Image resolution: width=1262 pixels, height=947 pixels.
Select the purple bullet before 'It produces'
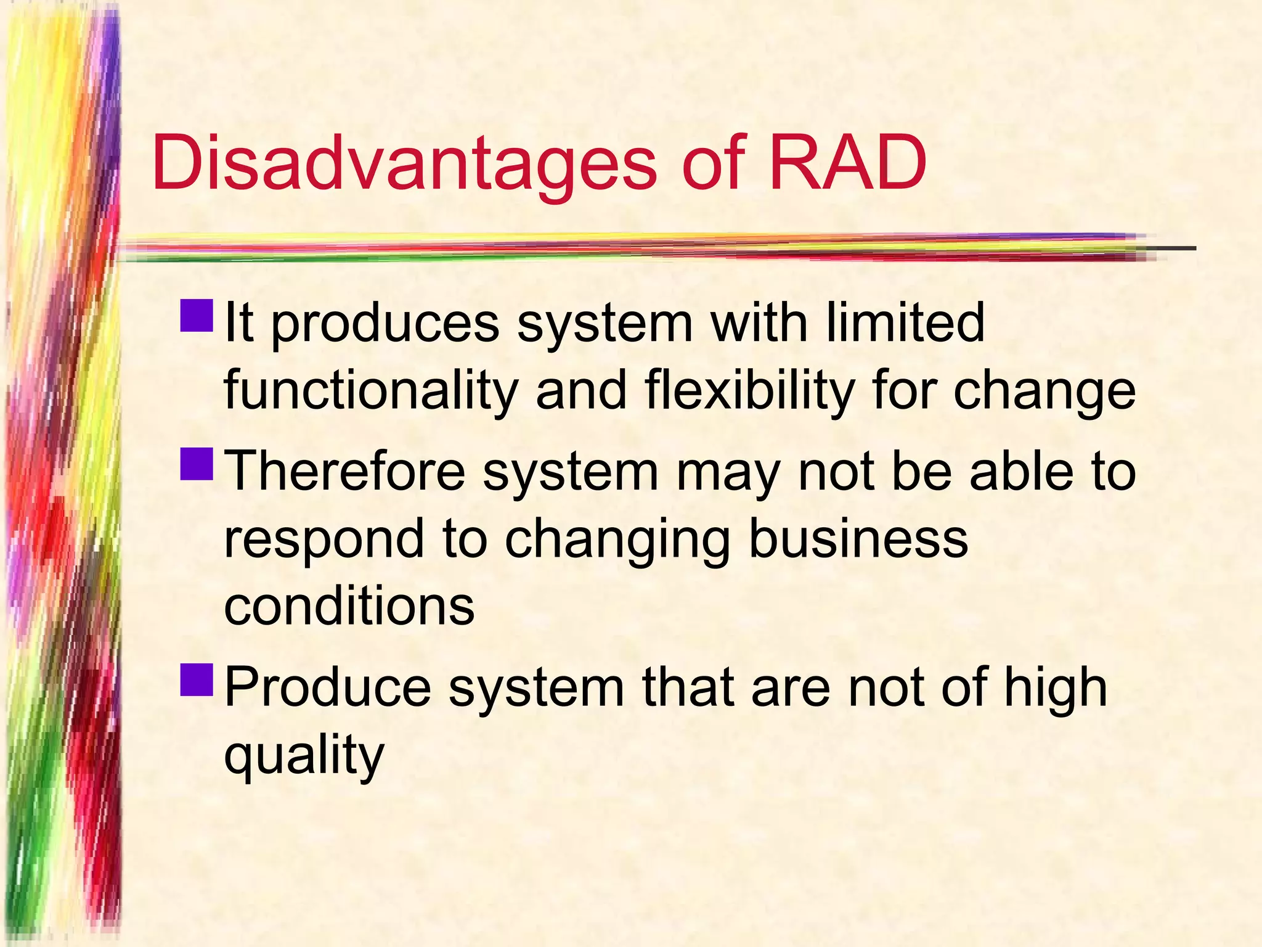point(197,315)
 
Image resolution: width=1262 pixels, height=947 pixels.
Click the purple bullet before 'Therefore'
point(197,464)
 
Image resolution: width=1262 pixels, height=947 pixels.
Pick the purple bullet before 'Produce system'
point(197,679)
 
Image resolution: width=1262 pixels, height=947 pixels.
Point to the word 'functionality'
point(370,391)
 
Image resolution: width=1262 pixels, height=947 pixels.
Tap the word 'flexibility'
point(749,391)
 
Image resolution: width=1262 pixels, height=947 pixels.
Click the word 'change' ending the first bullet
point(1044,392)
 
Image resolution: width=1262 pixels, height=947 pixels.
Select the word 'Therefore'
point(346,471)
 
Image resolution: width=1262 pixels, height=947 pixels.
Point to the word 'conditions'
point(349,605)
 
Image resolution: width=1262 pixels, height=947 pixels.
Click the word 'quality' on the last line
point(304,756)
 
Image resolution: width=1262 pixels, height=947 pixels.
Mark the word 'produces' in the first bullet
point(385,324)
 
